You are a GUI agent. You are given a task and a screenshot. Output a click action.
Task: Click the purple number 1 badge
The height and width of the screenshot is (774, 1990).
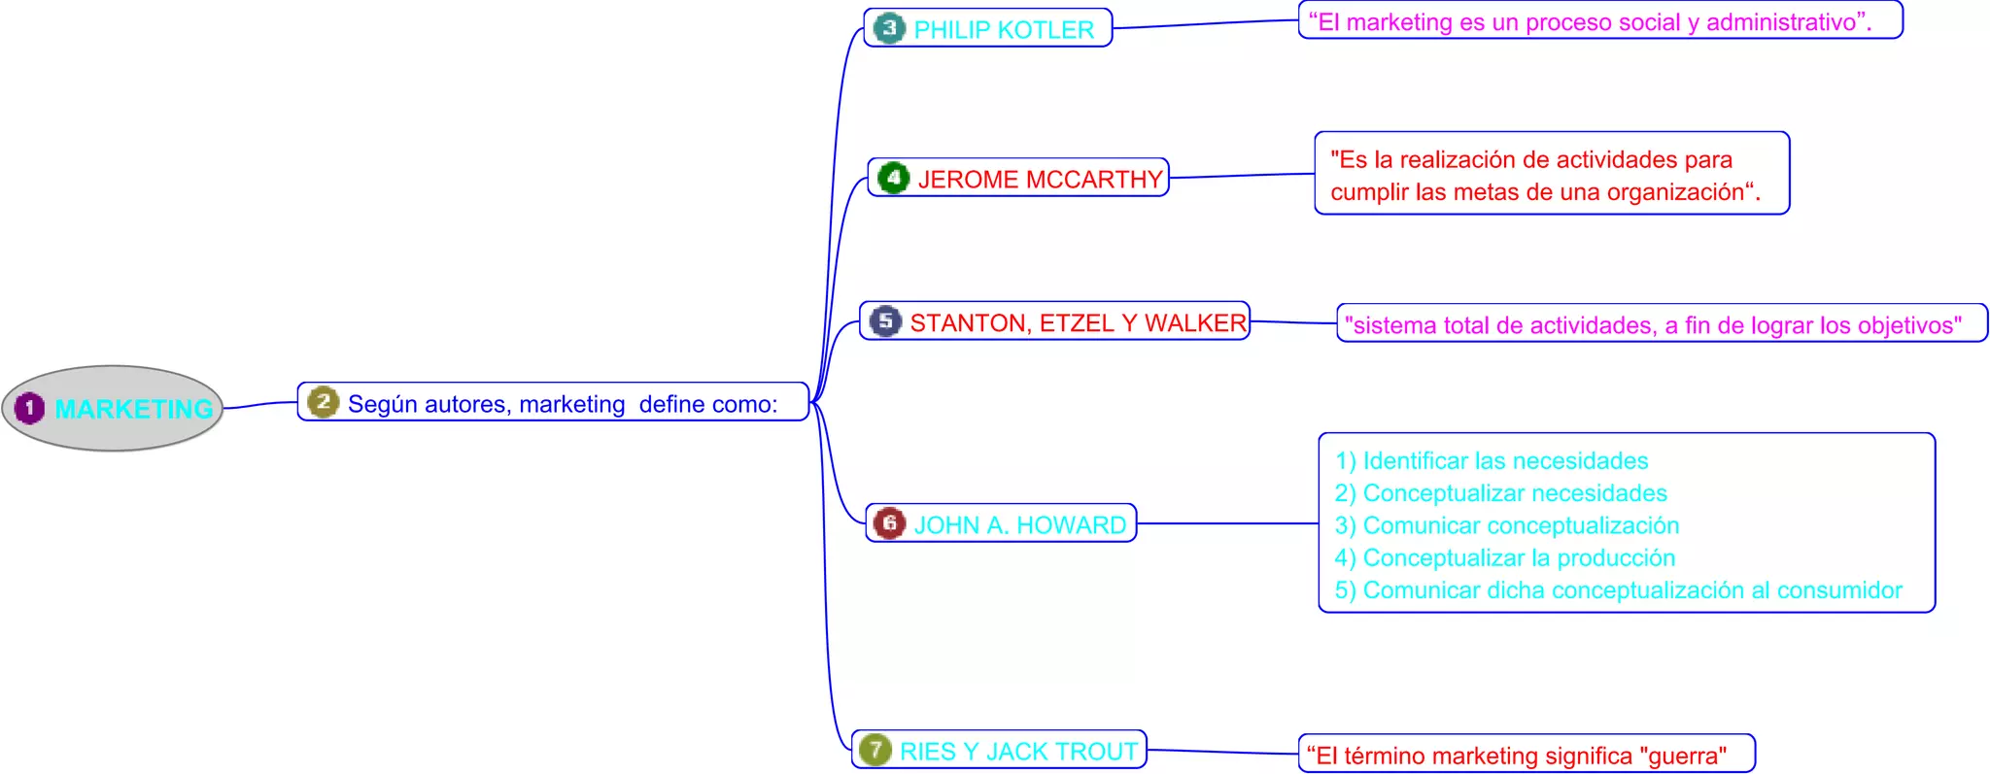point(29,408)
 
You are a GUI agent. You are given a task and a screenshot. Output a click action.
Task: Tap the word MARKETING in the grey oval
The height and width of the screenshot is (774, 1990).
point(134,409)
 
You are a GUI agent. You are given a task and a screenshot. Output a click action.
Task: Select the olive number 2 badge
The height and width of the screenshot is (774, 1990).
point(323,402)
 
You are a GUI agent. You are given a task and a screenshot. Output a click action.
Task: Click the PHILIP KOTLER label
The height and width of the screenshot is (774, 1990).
point(1004,30)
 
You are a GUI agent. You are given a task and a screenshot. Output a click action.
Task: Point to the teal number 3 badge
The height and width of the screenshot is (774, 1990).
point(888,27)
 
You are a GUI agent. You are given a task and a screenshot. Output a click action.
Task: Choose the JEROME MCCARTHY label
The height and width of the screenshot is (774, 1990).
point(1040,180)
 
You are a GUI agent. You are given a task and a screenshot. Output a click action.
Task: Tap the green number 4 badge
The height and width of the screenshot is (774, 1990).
point(893,178)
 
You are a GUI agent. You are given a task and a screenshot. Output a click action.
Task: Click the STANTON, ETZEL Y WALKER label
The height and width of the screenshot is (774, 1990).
point(1078,322)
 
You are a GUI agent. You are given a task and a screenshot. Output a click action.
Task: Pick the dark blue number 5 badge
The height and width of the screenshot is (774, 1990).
point(885,320)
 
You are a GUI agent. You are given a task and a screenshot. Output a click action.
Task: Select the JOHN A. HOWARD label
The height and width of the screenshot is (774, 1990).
point(1019,525)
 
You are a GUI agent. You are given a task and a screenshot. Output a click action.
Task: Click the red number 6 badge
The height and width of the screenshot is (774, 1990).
point(888,522)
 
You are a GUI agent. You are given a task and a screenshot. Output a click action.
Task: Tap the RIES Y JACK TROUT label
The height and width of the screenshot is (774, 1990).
point(1018,752)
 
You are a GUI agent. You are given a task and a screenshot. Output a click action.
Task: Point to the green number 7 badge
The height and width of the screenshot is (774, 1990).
point(875,749)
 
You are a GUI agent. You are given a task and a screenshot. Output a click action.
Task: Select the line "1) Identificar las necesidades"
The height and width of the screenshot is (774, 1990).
point(1492,460)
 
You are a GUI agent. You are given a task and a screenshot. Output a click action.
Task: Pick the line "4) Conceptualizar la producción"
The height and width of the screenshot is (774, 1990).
point(1504,557)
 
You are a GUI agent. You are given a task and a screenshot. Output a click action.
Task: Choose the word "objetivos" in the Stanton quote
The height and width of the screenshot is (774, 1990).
point(1907,325)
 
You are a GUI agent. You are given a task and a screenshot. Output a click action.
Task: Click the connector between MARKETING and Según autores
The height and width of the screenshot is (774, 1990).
point(260,404)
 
